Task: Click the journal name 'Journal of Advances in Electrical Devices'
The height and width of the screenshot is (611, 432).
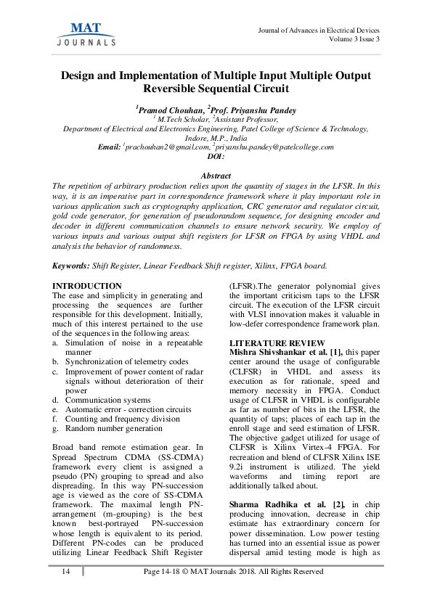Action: tap(318, 30)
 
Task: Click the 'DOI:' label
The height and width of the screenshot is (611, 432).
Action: tap(216, 156)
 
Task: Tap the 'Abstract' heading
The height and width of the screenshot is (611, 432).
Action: tap(216, 176)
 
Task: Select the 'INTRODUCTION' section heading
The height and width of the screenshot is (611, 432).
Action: tap(87, 287)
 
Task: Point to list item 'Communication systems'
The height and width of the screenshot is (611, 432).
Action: tap(107, 400)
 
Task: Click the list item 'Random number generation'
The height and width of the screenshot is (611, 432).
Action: tap(113, 428)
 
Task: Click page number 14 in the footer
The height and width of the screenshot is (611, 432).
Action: tap(66, 572)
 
